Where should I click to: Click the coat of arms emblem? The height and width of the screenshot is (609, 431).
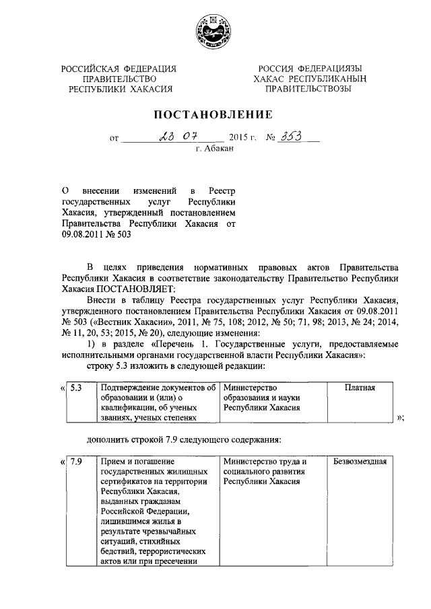(x=214, y=32)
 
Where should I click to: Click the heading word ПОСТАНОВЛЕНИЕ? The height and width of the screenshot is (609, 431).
(x=215, y=114)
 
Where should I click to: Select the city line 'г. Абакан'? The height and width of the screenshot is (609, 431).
(x=214, y=151)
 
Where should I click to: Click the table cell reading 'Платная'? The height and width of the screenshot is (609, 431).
(x=360, y=388)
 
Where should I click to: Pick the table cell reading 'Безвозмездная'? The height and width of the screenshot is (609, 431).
(x=360, y=462)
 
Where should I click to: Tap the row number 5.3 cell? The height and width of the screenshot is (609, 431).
(x=77, y=388)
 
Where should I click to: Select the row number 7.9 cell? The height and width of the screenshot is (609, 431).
(x=77, y=462)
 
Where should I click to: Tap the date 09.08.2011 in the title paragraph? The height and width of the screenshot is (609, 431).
(x=84, y=235)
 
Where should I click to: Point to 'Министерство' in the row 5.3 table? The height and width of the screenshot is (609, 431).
(x=251, y=388)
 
